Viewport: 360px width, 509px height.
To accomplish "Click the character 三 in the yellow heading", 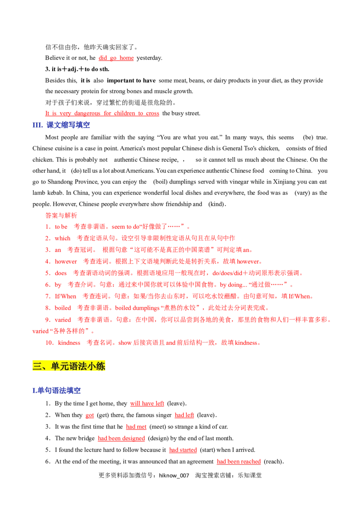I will pyautogui.click(x=37, y=366).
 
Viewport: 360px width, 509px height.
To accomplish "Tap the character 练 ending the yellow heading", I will pyautogui.click(x=102, y=366).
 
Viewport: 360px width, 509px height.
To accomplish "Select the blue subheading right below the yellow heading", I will pyautogui.click(x=57, y=391).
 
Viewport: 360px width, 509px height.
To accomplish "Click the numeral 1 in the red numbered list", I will pyautogui.click(x=46, y=227).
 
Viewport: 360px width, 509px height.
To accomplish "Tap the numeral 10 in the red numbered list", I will pyautogui.click(x=48, y=342).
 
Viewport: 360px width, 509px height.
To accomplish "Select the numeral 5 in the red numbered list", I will pyautogui.click(x=46, y=273).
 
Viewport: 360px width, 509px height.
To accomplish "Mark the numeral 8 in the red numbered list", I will pyautogui.click(x=46, y=308).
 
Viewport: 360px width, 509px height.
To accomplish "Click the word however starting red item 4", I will pyautogui.click(x=63, y=262).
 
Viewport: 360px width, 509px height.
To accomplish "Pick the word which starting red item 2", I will pyautogui.click(x=61, y=238).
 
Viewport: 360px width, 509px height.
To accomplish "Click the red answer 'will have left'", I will pyautogui.click(x=147, y=404).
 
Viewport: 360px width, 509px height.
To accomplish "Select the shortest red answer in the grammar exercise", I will pyautogui.click(x=90, y=416).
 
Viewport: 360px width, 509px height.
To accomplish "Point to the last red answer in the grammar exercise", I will pyautogui.click(x=239, y=462).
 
